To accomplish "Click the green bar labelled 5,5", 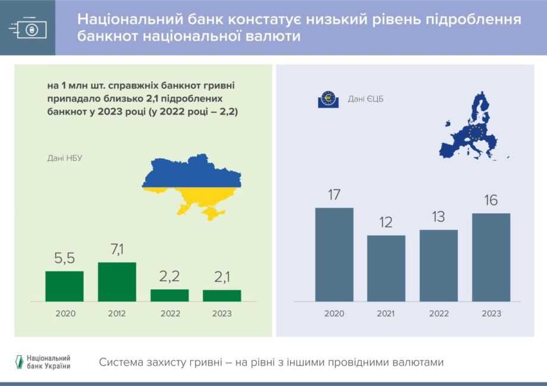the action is [x=65, y=286].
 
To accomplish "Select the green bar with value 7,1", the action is [x=117, y=282].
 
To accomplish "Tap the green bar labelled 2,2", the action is [x=169, y=295].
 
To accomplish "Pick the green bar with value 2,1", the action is [x=222, y=296].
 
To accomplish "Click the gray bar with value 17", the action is [x=334, y=255].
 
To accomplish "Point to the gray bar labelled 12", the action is [x=386, y=268].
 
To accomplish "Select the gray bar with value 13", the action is [x=439, y=265].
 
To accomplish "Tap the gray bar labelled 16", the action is [x=491, y=258].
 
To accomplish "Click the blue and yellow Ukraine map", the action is [x=191, y=186].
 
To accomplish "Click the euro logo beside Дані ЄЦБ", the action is [x=328, y=99].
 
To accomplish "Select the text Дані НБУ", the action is [x=65, y=158].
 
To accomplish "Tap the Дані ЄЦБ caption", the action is [x=366, y=99].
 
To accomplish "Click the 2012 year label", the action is [x=117, y=314].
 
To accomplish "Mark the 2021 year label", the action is [x=386, y=314].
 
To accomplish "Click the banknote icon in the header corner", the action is [x=28, y=27].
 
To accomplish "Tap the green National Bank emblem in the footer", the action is [x=20, y=362].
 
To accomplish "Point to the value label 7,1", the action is [x=117, y=249].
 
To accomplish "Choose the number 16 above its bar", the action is [x=491, y=200].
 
